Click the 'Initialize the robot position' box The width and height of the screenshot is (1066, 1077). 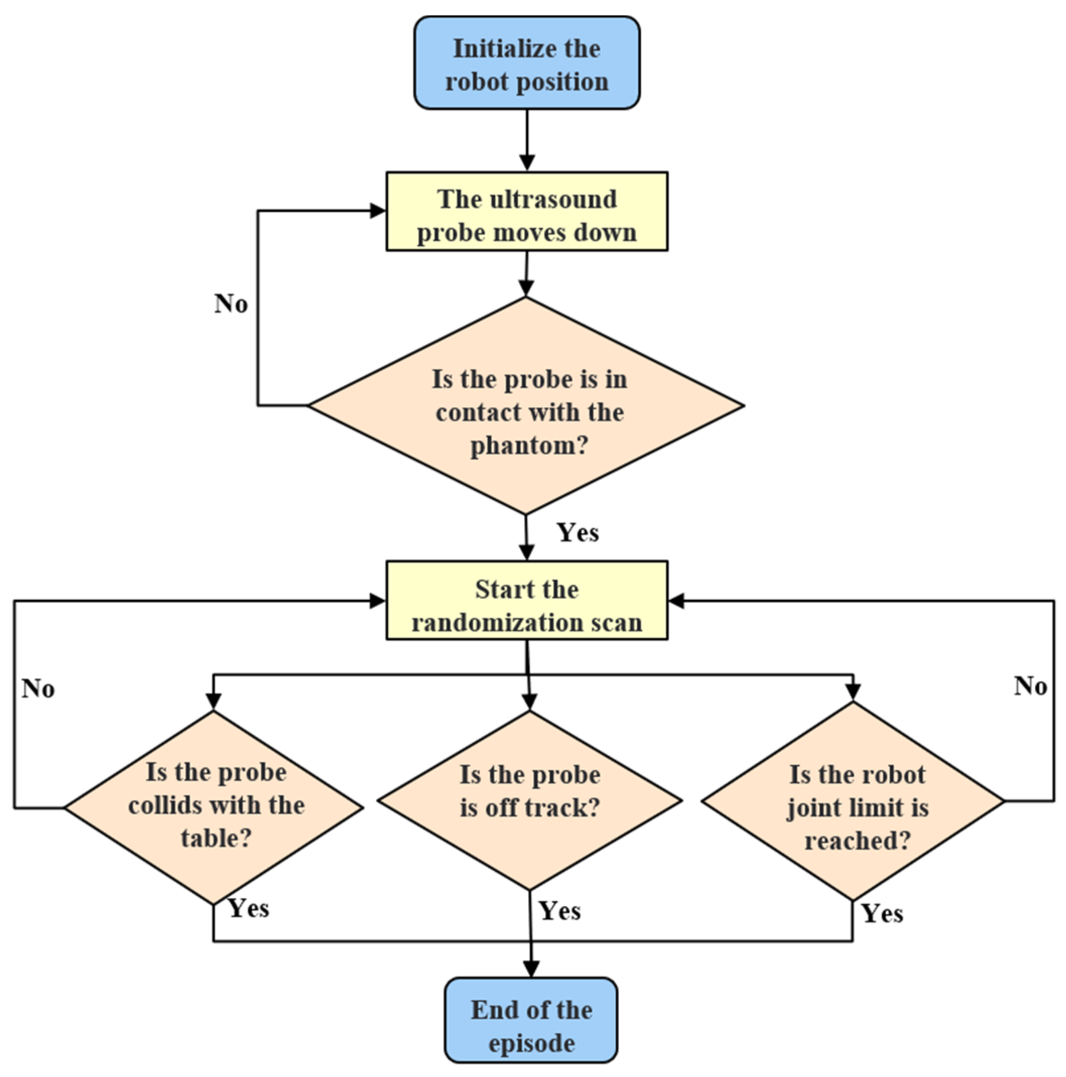pos(527,63)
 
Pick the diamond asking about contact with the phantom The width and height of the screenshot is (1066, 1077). pos(526,406)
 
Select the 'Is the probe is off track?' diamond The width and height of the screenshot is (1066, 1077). pos(529,800)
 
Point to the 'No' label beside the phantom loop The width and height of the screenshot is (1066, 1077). pos(231,304)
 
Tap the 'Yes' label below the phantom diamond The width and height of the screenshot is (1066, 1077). pos(578,533)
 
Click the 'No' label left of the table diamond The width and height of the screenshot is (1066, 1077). pos(38,689)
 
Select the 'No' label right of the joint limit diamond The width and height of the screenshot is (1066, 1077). pos(1030,686)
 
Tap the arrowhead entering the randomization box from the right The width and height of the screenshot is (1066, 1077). pos(676,600)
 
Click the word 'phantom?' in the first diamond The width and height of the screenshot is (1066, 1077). pos(529,446)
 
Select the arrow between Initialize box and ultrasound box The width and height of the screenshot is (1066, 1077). pos(527,140)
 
